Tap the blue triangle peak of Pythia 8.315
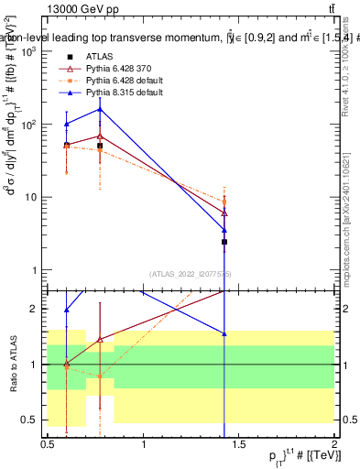pos(100,109)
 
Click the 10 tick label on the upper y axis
pos(28,197)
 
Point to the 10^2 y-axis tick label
pos(28,125)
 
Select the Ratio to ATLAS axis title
pos(11,364)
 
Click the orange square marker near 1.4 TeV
pos(224,202)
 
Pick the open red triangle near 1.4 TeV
pos(224,213)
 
